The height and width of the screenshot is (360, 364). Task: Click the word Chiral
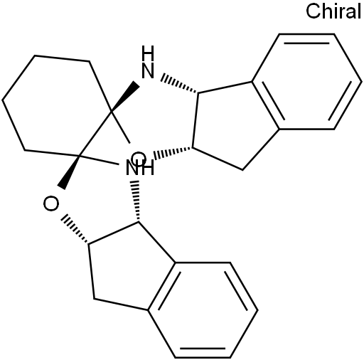pos(333,11)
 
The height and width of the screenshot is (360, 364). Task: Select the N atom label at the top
pos(148,70)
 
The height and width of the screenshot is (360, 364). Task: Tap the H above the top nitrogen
pos(148,53)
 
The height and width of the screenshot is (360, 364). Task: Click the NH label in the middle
pos(140,168)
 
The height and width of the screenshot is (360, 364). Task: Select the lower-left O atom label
pos(51,203)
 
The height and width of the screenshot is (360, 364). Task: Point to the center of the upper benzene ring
pos(306,82)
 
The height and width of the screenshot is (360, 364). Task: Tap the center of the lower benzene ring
pos(203,310)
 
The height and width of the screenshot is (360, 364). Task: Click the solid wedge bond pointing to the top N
pos(125,97)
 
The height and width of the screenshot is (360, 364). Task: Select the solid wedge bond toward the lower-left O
pos(69,172)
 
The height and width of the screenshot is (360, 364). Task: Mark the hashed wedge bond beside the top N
pos(179,83)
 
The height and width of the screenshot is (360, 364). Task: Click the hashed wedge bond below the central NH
pos(136,201)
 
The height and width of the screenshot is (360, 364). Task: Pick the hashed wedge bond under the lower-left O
pos(75,229)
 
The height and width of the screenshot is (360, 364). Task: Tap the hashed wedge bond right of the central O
pos(173,153)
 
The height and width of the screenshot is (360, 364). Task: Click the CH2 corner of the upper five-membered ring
pos(242,170)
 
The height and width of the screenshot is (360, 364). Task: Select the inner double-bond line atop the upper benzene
pos(306,43)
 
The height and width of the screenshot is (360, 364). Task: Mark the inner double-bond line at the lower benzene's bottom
pos(203,349)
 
